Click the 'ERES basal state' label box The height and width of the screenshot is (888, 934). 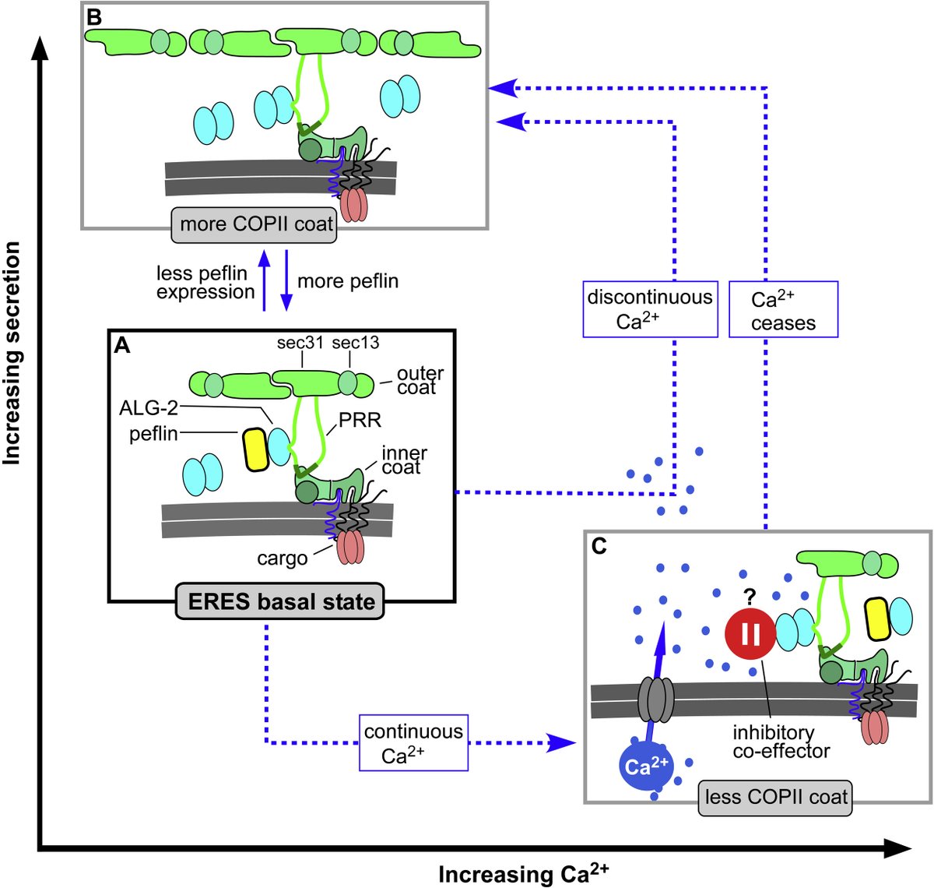coord(281,601)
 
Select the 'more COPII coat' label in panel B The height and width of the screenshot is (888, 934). coord(256,224)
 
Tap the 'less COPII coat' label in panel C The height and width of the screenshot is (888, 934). coord(775,798)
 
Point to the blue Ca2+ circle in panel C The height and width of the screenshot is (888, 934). coord(645,766)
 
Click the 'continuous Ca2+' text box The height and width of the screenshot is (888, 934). coord(413,743)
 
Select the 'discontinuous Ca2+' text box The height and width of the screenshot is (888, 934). coord(650,309)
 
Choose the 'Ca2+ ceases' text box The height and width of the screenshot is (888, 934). coord(783,310)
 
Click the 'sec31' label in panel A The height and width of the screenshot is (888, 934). coord(300,343)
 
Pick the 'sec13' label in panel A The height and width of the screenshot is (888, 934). coord(355,343)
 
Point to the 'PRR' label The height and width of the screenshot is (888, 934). coord(360,421)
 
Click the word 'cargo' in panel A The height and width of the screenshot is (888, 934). coord(282,559)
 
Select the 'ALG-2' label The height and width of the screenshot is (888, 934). coord(148,407)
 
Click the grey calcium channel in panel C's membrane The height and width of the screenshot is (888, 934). coord(655,699)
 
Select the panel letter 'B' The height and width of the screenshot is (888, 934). coord(94,16)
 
